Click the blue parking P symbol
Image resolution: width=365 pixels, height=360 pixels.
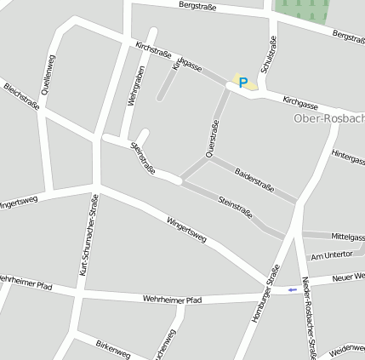243,83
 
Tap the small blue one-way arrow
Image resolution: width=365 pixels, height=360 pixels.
293,289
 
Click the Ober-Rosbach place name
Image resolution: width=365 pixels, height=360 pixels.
328,117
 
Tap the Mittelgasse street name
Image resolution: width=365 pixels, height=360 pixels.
347,237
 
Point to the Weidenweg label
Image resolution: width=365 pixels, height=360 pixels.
346,349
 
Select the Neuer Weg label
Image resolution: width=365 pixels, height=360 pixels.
349,277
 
